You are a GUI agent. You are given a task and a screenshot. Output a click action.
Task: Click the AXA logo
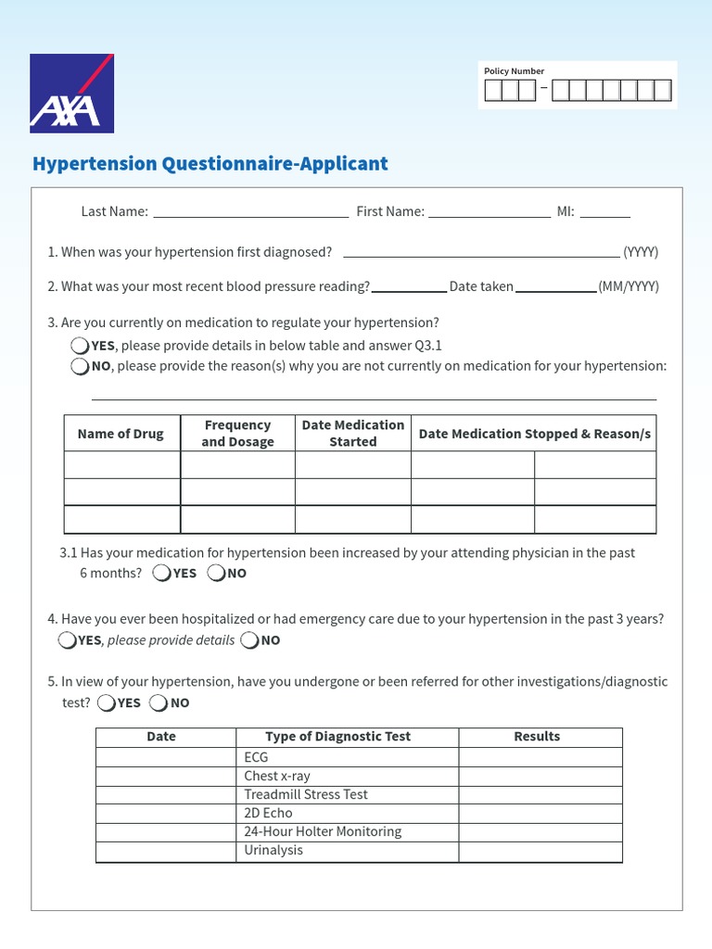71,94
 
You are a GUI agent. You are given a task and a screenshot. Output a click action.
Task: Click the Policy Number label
514,71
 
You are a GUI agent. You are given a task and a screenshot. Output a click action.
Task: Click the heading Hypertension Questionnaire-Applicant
210,164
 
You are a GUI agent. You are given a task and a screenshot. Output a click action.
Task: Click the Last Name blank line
250,212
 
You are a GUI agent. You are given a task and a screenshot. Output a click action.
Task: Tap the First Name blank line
489,212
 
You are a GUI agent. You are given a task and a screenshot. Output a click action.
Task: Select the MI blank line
604,212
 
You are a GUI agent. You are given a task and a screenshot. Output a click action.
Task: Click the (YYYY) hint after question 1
641,252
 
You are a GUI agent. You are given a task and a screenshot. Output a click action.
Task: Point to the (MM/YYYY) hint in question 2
629,286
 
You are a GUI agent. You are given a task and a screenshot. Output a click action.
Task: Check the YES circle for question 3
80,346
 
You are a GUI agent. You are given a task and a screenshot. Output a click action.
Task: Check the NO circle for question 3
80,366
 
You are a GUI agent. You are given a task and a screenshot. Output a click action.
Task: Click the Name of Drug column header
121,434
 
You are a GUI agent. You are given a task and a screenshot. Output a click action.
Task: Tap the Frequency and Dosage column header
237,434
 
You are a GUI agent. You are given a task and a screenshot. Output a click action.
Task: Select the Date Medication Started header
353,434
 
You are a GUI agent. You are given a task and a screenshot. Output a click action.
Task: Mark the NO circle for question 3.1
216,573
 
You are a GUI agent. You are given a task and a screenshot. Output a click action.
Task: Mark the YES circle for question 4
67,640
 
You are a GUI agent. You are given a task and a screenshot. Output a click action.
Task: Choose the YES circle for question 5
107,702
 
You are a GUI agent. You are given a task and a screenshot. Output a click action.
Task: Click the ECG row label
256,757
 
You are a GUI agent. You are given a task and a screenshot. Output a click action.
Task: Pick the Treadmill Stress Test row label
306,794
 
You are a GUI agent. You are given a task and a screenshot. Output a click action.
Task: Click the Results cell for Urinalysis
540,851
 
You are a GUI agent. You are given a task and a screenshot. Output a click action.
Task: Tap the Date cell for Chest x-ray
165,776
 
